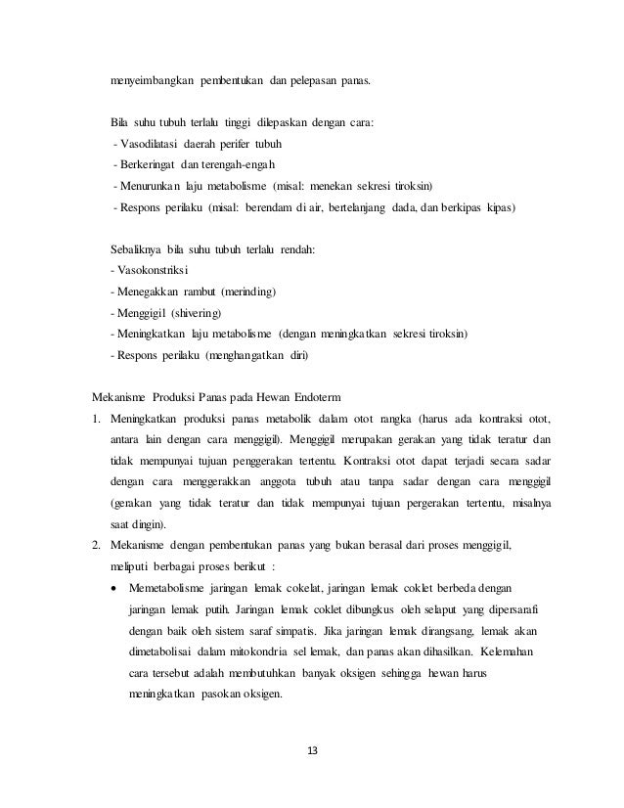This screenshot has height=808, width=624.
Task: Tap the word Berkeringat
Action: (x=147, y=163)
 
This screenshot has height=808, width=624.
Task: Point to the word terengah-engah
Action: (x=239, y=163)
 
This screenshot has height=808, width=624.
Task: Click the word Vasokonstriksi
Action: (x=154, y=270)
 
